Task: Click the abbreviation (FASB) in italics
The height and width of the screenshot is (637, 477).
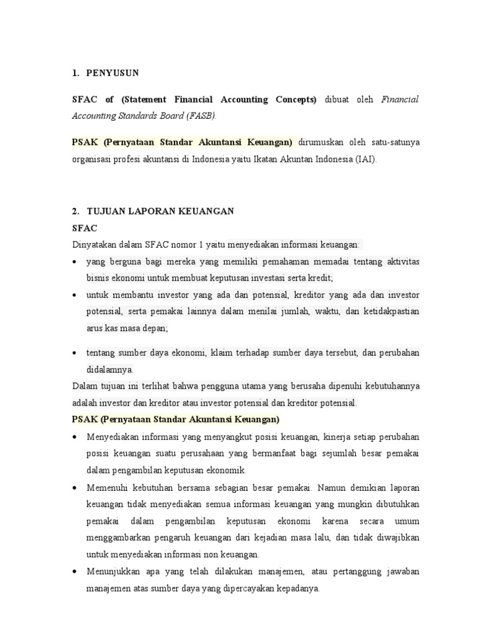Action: point(199,115)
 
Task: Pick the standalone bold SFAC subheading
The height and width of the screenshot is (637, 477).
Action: point(86,228)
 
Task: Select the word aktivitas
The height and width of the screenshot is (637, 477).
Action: point(399,261)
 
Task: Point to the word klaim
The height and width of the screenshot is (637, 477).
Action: point(222,353)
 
